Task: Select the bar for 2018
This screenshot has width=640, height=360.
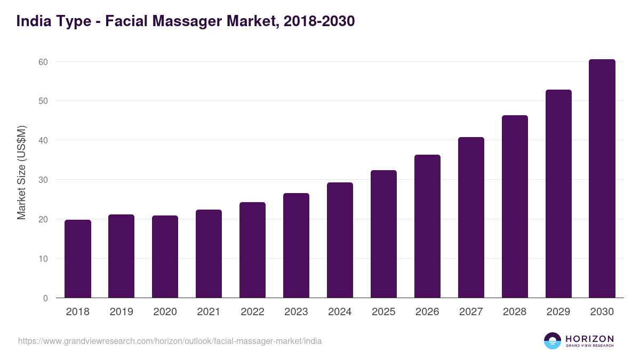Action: click(x=78, y=259)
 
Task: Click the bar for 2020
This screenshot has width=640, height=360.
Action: click(x=165, y=257)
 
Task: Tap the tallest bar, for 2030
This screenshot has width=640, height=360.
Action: click(x=602, y=179)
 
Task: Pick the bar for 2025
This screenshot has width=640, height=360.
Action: click(x=383, y=234)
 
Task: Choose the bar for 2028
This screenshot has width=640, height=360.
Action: click(x=515, y=206)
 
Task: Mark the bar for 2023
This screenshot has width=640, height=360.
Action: click(x=296, y=245)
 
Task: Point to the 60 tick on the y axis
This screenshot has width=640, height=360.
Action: click(x=43, y=62)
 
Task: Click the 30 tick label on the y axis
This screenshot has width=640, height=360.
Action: click(x=43, y=180)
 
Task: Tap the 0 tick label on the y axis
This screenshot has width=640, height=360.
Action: click(x=45, y=298)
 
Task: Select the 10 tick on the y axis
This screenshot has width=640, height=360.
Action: click(x=43, y=259)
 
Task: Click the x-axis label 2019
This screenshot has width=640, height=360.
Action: click(x=122, y=312)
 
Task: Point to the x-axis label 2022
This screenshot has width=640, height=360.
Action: click(x=252, y=312)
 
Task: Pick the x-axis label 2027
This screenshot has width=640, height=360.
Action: click(x=471, y=312)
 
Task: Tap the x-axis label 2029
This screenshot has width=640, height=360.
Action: click(x=558, y=312)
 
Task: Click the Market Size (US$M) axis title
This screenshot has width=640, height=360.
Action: click(x=21, y=172)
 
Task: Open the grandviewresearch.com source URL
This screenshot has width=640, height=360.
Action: click(x=170, y=341)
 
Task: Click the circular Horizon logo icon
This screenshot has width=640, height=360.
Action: click(x=553, y=341)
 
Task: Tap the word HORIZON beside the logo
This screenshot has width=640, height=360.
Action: click(x=589, y=338)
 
